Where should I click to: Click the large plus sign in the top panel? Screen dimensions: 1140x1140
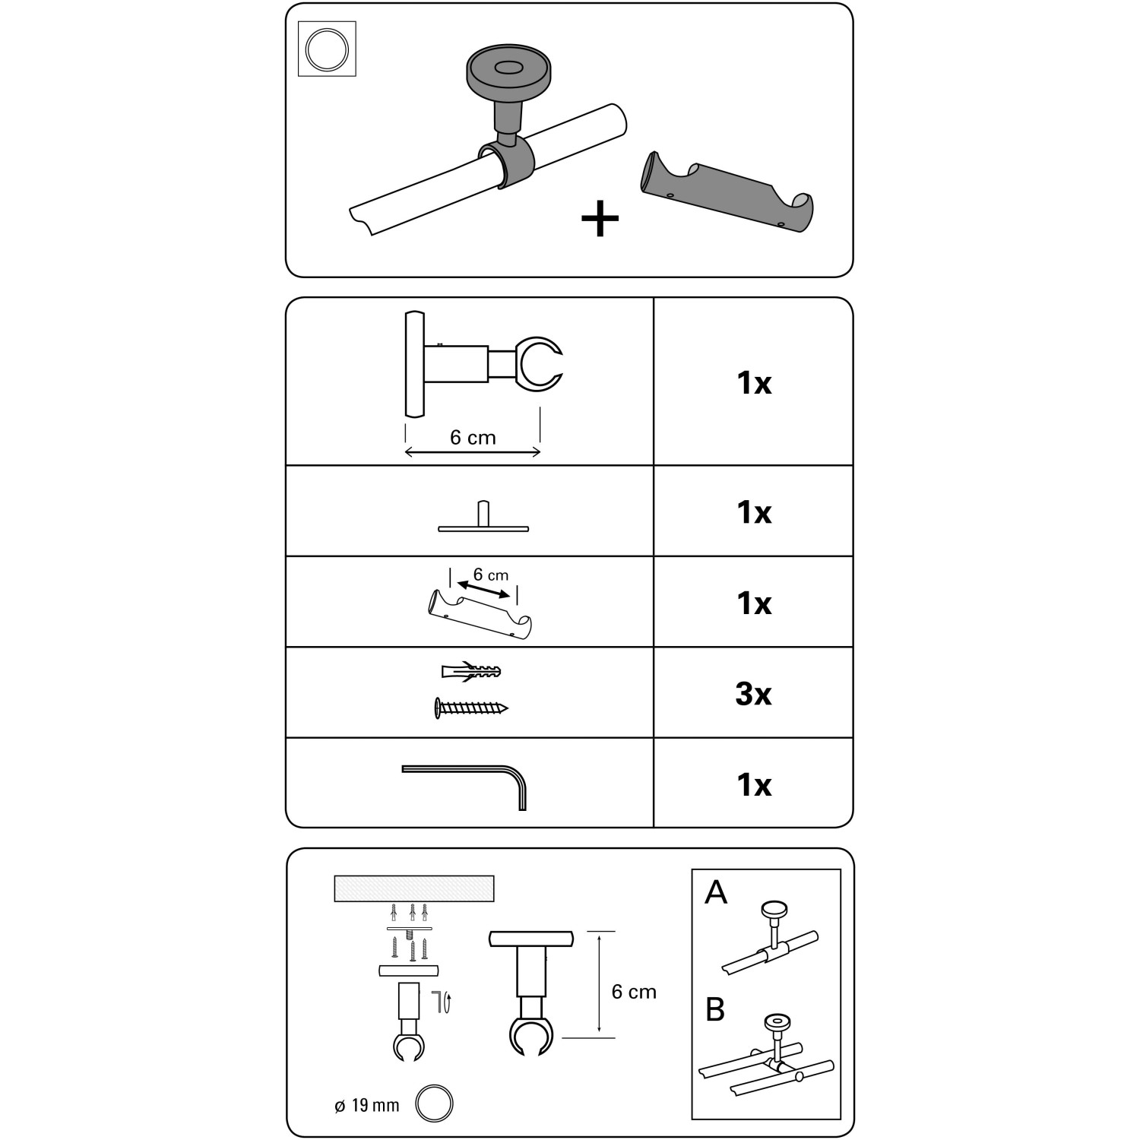(600, 220)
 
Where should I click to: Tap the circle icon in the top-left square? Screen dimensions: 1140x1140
(327, 49)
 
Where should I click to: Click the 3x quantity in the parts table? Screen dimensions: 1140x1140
(753, 693)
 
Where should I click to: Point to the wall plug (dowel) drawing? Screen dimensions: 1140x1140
(471, 671)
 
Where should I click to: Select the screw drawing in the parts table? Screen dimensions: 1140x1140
(471, 708)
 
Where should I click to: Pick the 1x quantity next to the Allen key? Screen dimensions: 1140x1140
(753, 784)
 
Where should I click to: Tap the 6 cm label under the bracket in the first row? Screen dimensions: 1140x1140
(473, 438)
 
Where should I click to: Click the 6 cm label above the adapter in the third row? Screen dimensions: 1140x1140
(490, 575)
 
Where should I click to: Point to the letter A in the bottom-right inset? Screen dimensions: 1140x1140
(716, 892)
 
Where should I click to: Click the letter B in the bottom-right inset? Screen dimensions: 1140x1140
(715, 1009)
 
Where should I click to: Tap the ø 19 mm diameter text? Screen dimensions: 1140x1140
(367, 1105)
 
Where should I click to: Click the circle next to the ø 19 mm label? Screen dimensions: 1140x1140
(434, 1103)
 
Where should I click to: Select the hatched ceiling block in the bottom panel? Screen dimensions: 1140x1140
(414, 888)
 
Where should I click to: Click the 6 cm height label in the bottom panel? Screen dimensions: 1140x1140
(634, 992)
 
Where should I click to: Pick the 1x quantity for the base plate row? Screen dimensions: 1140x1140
(753, 512)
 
